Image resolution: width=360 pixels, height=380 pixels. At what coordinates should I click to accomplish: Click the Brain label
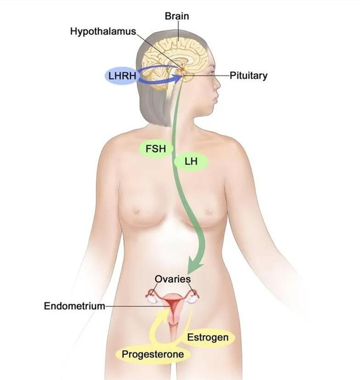[x=177, y=16]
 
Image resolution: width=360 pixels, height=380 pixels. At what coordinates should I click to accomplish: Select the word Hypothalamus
[x=103, y=32]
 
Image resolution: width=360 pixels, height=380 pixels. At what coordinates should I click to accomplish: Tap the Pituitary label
[x=249, y=75]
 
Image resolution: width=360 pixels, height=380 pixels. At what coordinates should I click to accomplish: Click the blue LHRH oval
[x=121, y=75]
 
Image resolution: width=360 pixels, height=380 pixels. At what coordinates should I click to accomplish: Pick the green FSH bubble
[x=156, y=149]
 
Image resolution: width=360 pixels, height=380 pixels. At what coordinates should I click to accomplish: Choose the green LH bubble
[x=191, y=162]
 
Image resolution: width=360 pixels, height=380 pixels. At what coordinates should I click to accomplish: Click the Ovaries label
[x=173, y=279]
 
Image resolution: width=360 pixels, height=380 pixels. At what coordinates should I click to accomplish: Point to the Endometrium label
[x=75, y=306]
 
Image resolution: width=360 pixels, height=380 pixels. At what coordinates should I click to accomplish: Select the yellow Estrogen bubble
[x=208, y=337]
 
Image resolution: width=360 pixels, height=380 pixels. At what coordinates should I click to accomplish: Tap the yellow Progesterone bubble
[x=153, y=354]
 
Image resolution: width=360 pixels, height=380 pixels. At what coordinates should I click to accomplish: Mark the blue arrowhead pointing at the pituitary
[x=176, y=78]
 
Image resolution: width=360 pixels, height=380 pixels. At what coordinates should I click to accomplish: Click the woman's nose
[x=217, y=84]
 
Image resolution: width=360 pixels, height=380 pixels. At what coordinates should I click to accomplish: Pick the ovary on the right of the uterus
[x=193, y=299]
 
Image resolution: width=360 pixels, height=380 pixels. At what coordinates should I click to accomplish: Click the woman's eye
[x=212, y=72]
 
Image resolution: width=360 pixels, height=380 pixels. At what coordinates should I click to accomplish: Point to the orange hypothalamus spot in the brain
[x=182, y=70]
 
